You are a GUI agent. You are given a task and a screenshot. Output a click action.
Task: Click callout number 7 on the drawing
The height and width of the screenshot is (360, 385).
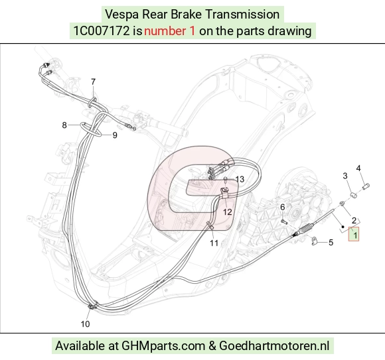tap(93, 82)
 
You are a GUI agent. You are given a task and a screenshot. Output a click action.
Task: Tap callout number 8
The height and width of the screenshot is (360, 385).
tap(64, 125)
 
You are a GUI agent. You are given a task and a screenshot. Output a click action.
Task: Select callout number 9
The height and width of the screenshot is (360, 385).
tap(115, 135)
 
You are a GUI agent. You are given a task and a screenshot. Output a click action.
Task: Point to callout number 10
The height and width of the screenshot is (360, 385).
tap(85, 324)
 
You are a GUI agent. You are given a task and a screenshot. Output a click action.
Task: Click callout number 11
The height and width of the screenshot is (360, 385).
tap(214, 243)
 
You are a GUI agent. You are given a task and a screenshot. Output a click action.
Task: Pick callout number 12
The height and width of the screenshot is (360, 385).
tap(228, 212)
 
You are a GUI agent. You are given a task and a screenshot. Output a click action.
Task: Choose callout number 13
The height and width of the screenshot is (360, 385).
tap(240, 179)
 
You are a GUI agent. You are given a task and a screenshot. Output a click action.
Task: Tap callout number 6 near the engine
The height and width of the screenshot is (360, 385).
tap(283, 208)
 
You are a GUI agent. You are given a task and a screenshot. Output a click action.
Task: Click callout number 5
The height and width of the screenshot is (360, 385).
tap(331, 243)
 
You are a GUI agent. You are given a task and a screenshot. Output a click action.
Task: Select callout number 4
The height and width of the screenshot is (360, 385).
tap(358, 168)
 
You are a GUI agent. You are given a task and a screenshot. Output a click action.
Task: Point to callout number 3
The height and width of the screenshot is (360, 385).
tap(345, 176)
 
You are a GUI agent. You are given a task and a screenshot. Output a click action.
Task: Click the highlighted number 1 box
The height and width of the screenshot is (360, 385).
tap(354, 234)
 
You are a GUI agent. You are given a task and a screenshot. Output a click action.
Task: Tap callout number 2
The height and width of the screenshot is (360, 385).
tap(354, 221)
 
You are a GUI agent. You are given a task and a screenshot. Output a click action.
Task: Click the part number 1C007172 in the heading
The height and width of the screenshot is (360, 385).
tap(102, 31)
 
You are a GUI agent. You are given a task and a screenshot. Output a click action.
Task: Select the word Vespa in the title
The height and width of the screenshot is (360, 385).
tap(121, 14)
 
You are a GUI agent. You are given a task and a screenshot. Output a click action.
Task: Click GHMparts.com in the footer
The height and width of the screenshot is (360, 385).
tap(163, 346)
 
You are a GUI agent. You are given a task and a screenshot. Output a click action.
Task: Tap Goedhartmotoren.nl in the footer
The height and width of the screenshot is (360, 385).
tap(274, 346)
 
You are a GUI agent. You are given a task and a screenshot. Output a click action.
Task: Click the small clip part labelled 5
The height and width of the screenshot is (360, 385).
tap(314, 241)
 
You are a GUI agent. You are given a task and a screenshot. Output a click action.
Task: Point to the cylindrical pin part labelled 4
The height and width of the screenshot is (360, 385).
tap(366, 186)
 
